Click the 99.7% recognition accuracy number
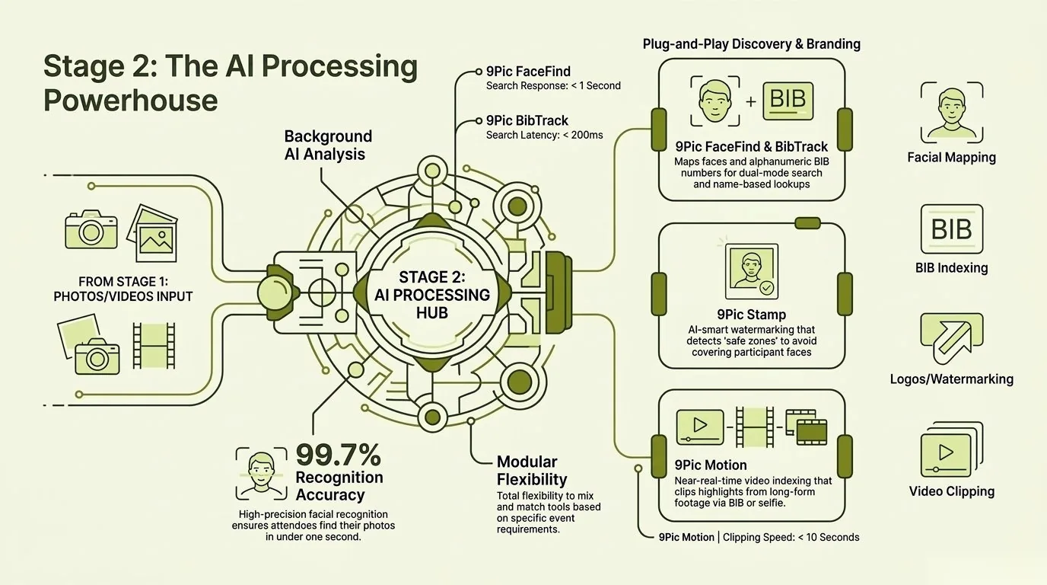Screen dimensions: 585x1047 339,455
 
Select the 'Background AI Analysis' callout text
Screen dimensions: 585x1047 328,145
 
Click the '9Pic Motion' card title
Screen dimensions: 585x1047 710,465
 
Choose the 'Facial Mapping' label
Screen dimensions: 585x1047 951,158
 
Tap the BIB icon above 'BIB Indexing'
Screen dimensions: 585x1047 951,229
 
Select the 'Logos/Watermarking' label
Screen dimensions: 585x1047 951,379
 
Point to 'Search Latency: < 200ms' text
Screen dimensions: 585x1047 544,136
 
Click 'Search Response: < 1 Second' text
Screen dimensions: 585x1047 553,86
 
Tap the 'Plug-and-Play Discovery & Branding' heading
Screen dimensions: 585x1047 751,44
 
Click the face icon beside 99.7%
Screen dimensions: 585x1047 262,472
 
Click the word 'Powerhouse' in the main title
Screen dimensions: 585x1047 130,101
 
